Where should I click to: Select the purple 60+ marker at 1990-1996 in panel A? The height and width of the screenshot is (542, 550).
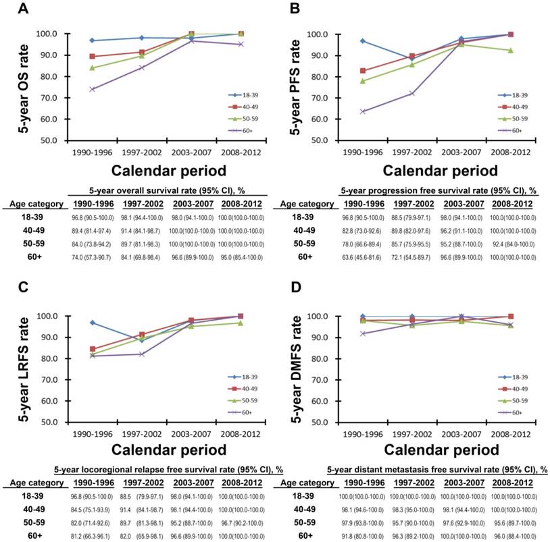91,89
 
